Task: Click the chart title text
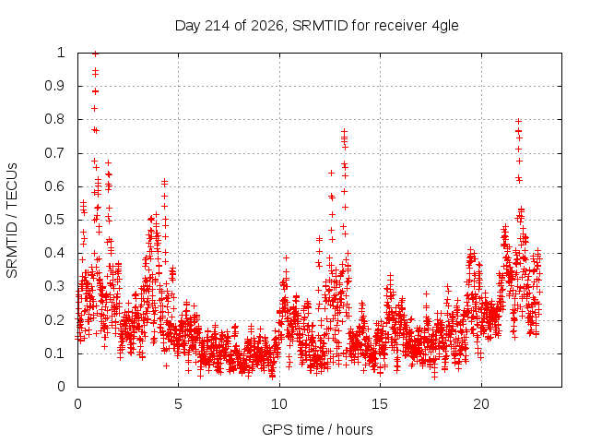coord(317,26)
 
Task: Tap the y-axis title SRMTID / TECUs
coord(12,221)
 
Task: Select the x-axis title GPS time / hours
coord(317,429)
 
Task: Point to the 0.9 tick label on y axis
coord(55,86)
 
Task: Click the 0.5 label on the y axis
coord(55,220)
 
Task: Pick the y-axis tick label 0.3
coord(55,286)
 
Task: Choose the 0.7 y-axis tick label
coord(55,153)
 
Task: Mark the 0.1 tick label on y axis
coord(55,353)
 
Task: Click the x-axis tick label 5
coord(178,404)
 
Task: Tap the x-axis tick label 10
coord(279,404)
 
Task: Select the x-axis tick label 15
coord(380,404)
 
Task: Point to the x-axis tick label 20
coord(481,404)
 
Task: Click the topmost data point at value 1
coord(95,54)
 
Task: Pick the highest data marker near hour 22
coord(518,121)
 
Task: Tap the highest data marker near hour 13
coord(344,131)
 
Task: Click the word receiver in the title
coord(401,26)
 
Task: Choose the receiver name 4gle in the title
coord(445,27)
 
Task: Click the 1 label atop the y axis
coord(61,53)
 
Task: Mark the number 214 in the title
coord(216,26)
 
